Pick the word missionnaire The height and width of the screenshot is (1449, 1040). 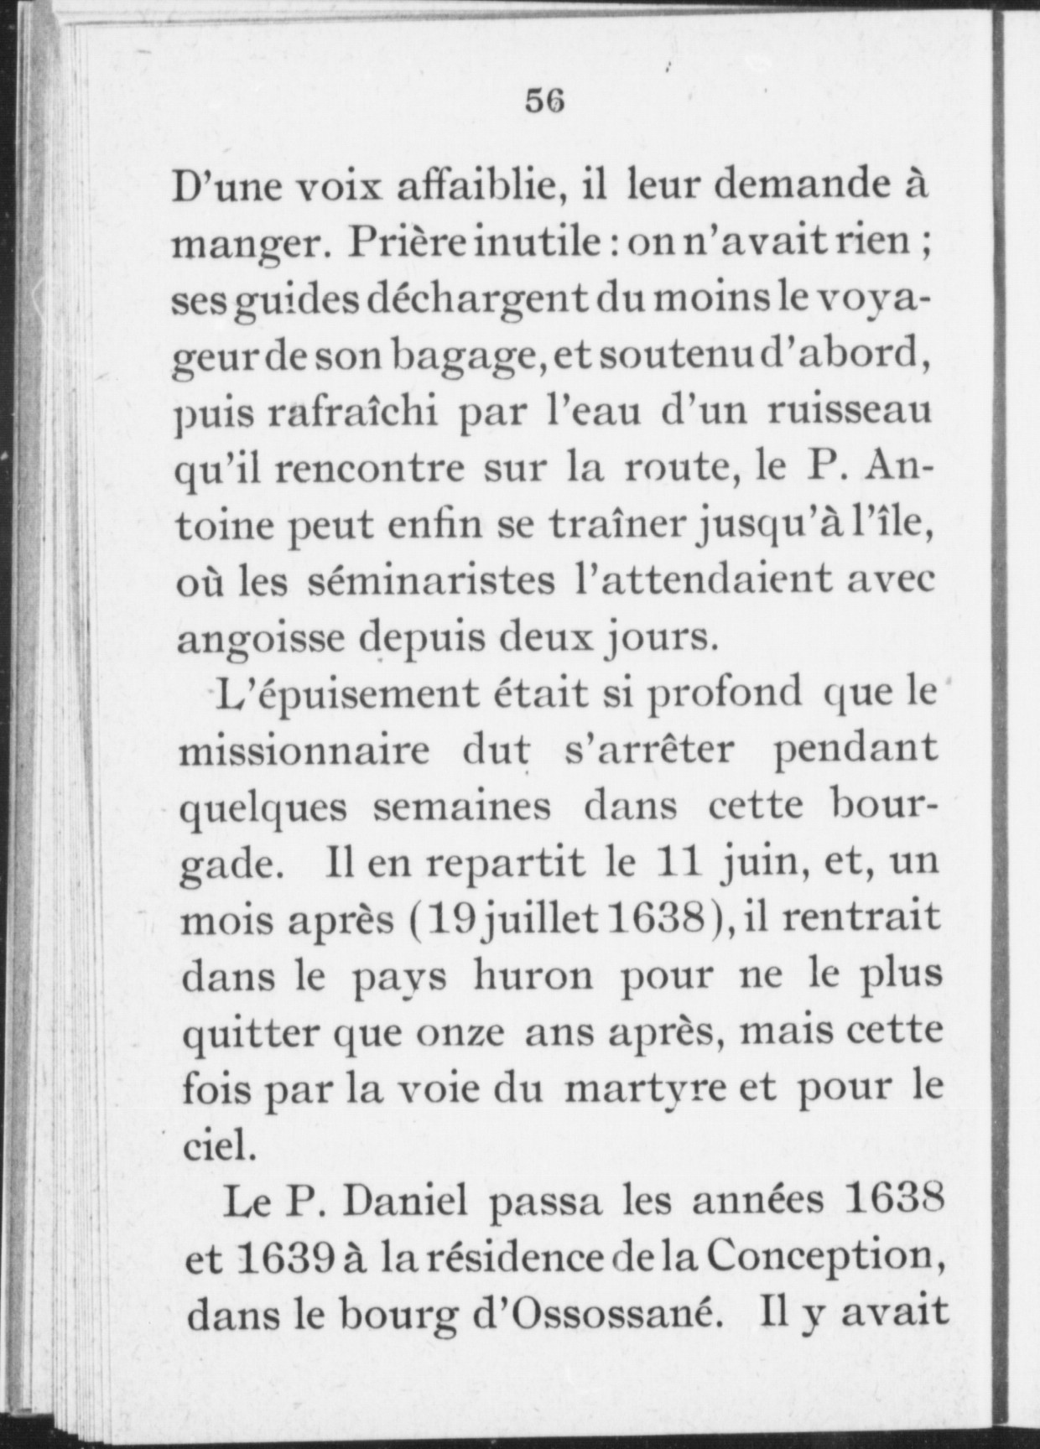(x=306, y=749)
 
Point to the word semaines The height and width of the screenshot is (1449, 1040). (x=461, y=807)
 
